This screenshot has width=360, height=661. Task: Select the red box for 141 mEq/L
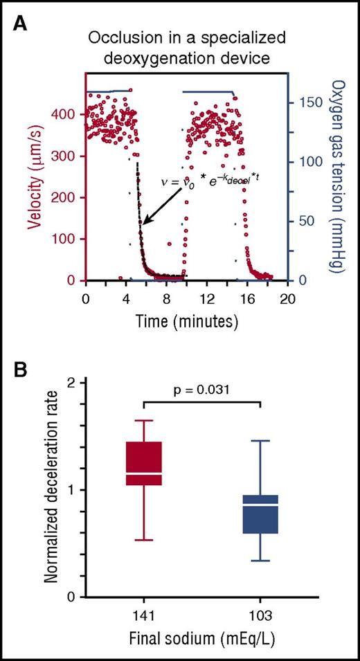click(x=144, y=463)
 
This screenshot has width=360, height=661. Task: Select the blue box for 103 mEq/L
click(x=260, y=514)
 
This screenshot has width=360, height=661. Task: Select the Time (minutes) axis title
click(x=186, y=321)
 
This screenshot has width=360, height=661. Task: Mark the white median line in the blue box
click(x=260, y=506)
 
